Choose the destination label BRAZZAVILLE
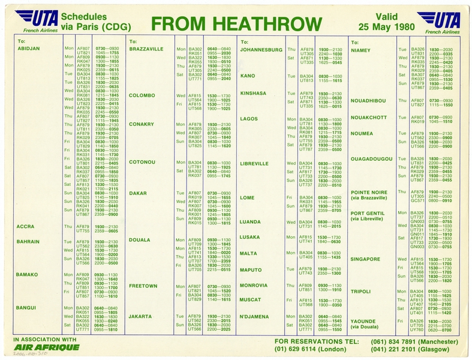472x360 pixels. (x=146, y=49)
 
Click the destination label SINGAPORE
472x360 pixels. (x=365, y=259)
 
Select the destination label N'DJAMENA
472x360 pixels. (x=257, y=316)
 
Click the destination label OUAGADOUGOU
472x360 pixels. (x=372, y=158)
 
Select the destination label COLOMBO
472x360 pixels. (x=142, y=95)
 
